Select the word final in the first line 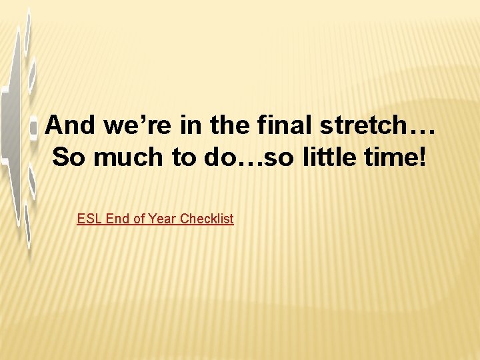coord(261,124)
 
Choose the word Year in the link coord(162,219)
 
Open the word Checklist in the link coord(207,219)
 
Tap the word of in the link coord(138,219)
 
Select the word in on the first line coord(175,124)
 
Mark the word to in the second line coord(181,157)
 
